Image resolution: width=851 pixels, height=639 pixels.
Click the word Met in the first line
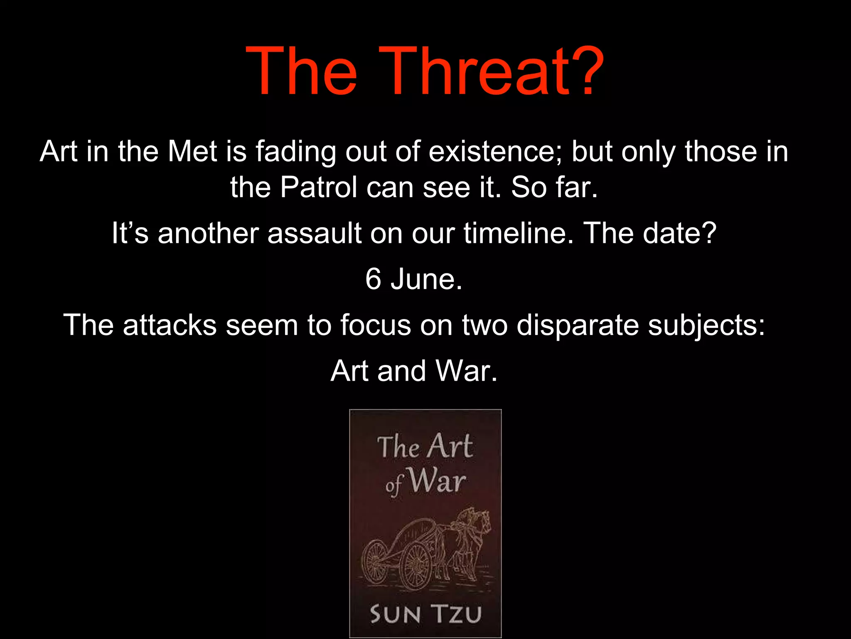coord(192,151)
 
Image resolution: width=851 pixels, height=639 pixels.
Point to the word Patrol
coord(318,187)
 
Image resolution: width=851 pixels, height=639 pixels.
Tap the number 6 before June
coord(373,279)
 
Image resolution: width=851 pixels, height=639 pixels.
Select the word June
coord(426,279)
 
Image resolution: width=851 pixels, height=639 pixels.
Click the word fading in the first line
coord(295,152)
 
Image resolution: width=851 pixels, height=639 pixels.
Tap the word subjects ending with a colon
coord(706,326)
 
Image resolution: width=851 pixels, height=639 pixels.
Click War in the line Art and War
coord(466,371)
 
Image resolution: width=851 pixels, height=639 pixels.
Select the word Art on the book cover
coord(450,446)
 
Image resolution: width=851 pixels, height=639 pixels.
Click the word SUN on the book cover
coord(395,614)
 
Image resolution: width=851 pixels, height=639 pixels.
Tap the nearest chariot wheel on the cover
coord(416,566)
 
